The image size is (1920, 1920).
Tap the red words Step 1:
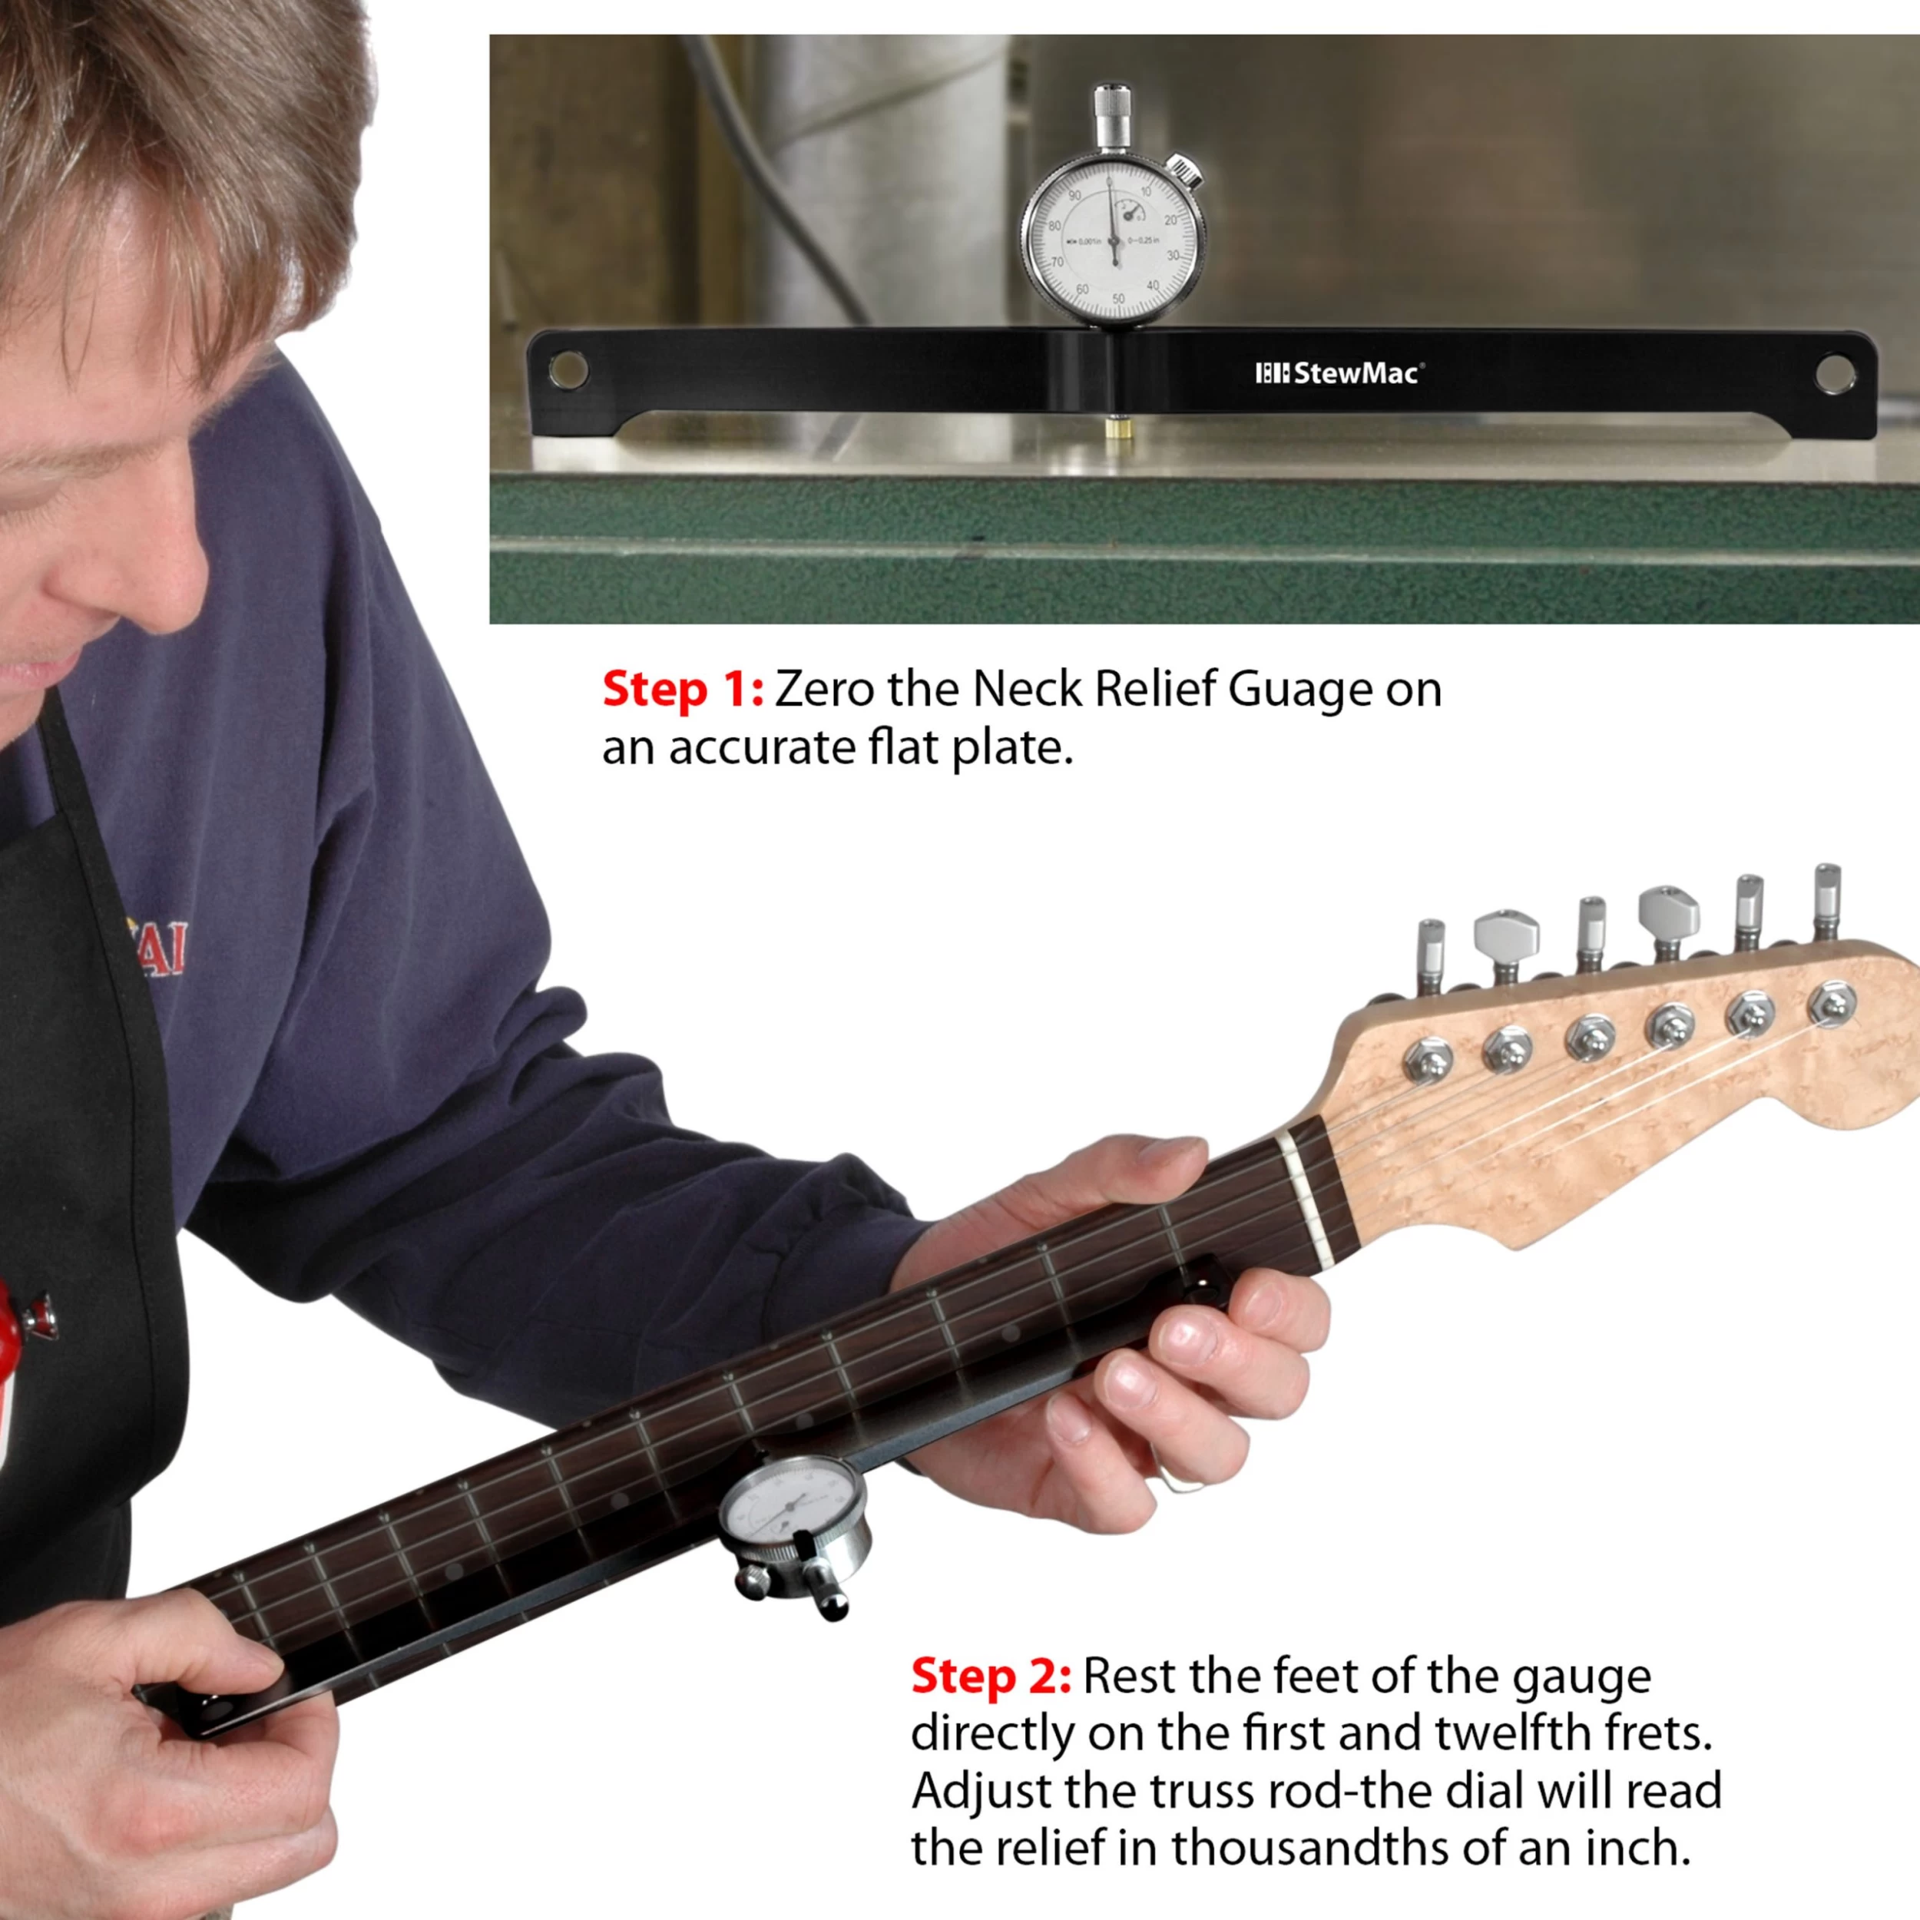point(683,689)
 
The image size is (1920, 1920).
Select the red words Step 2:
point(991,1676)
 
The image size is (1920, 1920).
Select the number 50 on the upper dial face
point(1118,298)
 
